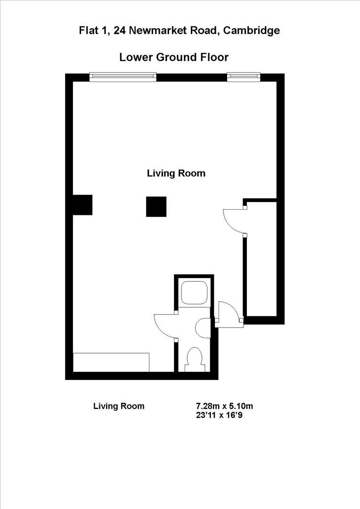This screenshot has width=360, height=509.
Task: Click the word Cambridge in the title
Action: click(252, 31)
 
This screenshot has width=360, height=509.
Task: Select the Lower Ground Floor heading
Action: click(174, 57)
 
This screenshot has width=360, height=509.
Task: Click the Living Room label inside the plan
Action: click(176, 173)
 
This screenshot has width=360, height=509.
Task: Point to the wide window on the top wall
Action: click(123, 77)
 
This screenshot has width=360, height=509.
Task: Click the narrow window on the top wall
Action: click(243, 77)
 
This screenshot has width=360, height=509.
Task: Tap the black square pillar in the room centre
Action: click(156, 207)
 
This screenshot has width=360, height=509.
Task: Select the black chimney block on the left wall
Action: click(82, 205)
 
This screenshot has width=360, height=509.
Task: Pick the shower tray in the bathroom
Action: click(194, 293)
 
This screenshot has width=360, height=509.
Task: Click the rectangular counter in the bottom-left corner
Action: click(111, 362)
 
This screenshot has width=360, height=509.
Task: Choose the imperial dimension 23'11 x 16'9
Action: click(219, 415)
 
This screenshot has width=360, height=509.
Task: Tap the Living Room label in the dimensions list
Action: click(119, 406)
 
